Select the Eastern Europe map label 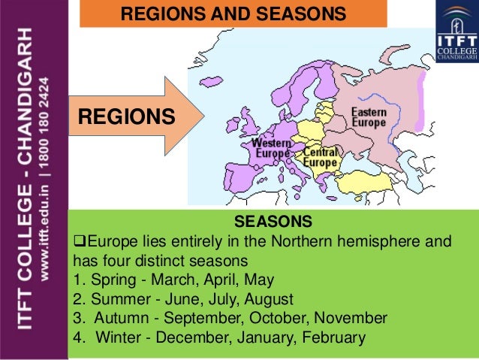coord(369,116)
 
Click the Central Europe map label coord(320,157)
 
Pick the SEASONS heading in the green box coord(273,222)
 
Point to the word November coord(350,317)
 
